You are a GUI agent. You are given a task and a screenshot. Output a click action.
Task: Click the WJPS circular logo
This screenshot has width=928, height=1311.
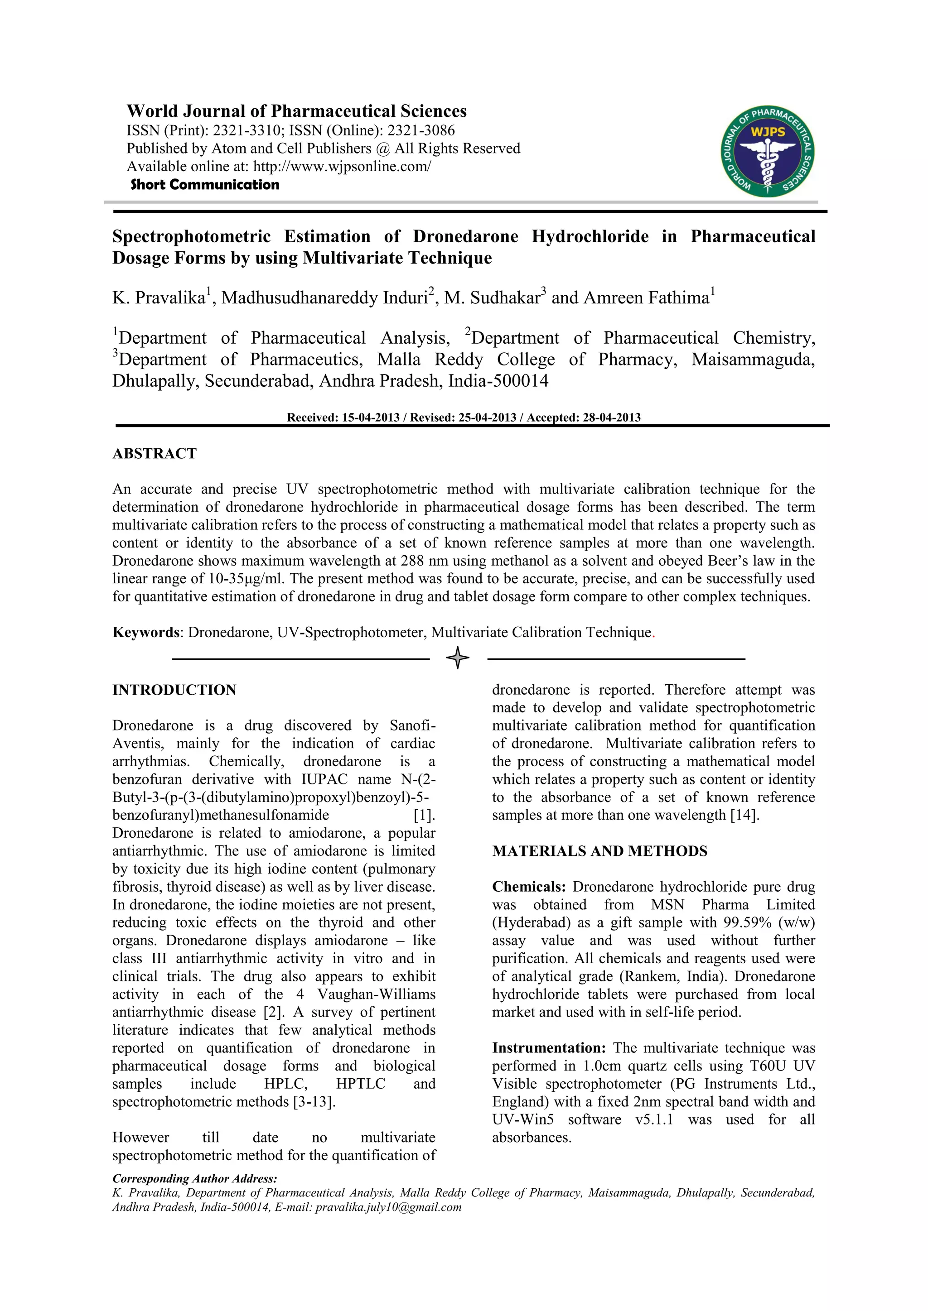(768, 151)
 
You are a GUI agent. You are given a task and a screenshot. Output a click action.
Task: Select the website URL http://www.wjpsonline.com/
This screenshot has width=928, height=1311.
(342, 166)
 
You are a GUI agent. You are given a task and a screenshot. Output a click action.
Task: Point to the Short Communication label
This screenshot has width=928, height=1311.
(204, 184)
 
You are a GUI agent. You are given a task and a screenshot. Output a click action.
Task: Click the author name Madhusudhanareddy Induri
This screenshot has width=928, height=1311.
(324, 298)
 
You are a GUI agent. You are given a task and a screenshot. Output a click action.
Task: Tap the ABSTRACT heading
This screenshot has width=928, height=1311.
(154, 453)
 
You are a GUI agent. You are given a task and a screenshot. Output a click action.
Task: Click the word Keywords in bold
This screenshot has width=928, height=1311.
(146, 632)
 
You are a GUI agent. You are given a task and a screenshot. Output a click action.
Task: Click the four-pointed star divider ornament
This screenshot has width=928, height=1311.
(458, 658)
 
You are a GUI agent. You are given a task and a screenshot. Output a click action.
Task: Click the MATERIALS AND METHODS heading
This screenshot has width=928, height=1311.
(599, 851)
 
